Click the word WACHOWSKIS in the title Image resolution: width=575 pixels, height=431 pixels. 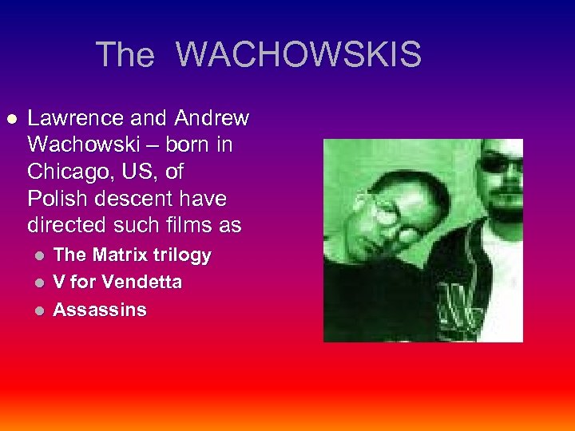[298, 55]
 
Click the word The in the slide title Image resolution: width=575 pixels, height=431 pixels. [125, 55]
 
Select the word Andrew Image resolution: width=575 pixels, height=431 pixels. [212, 119]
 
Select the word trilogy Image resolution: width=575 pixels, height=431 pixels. [184, 255]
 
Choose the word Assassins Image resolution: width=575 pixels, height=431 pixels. [100, 310]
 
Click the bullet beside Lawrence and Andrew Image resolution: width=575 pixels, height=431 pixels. [11, 119]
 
